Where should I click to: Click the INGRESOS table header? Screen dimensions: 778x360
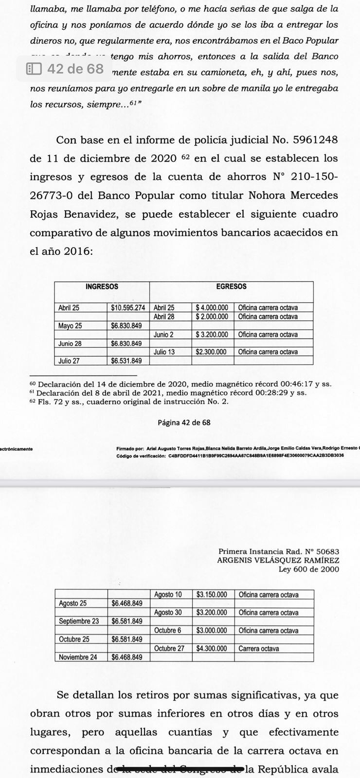pyautogui.click(x=102, y=287)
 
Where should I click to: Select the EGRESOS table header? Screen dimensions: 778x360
pyautogui.click(x=231, y=287)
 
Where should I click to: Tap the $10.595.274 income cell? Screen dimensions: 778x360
pyautogui.click(x=128, y=308)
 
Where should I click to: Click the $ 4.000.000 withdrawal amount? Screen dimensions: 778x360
pyautogui.click(x=212, y=308)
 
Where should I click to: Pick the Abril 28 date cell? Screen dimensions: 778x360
pyautogui.click(x=163, y=317)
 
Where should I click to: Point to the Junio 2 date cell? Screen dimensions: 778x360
pyautogui.click(x=163, y=335)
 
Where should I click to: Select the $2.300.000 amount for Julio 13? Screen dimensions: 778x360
pyautogui.click(x=211, y=352)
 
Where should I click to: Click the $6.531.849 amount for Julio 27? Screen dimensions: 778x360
pyautogui.click(x=126, y=361)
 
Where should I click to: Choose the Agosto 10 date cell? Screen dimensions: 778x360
pyautogui.click(x=168, y=594)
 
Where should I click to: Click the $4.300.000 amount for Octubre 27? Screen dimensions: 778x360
pyautogui.click(x=212, y=648)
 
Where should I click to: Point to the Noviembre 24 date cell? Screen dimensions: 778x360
pyautogui.click(x=78, y=657)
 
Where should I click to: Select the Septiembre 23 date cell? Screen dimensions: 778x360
pyautogui.click(x=79, y=621)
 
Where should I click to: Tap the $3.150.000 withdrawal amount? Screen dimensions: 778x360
pyautogui.click(x=212, y=594)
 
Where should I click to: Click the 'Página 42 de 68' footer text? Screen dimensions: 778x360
pyautogui.click(x=184, y=423)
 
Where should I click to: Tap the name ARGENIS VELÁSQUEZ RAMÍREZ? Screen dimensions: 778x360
pyautogui.click(x=278, y=560)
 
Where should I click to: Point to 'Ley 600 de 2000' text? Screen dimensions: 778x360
pyautogui.click(x=308, y=569)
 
